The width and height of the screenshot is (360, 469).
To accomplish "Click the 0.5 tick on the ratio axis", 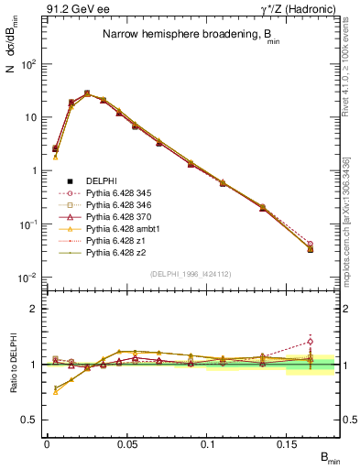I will pyautogui.click(x=33, y=420).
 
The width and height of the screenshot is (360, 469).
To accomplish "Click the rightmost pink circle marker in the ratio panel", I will pyautogui.click(x=310, y=342).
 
